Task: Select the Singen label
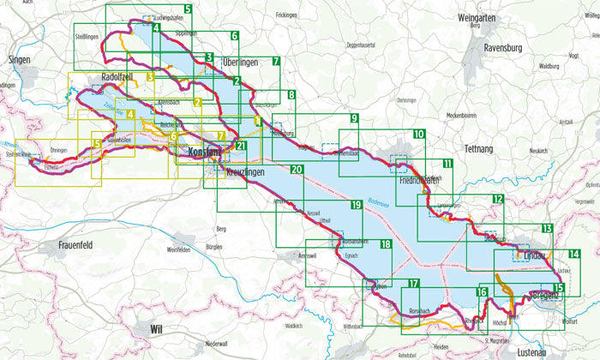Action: click(18, 61)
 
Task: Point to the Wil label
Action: click(155, 328)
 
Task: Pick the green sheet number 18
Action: click(386, 245)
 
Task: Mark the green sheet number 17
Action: click(414, 284)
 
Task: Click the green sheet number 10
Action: click(418, 135)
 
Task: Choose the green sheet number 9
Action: click(353, 118)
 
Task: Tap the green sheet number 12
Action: click(497, 199)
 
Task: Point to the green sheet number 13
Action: click(546, 229)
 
